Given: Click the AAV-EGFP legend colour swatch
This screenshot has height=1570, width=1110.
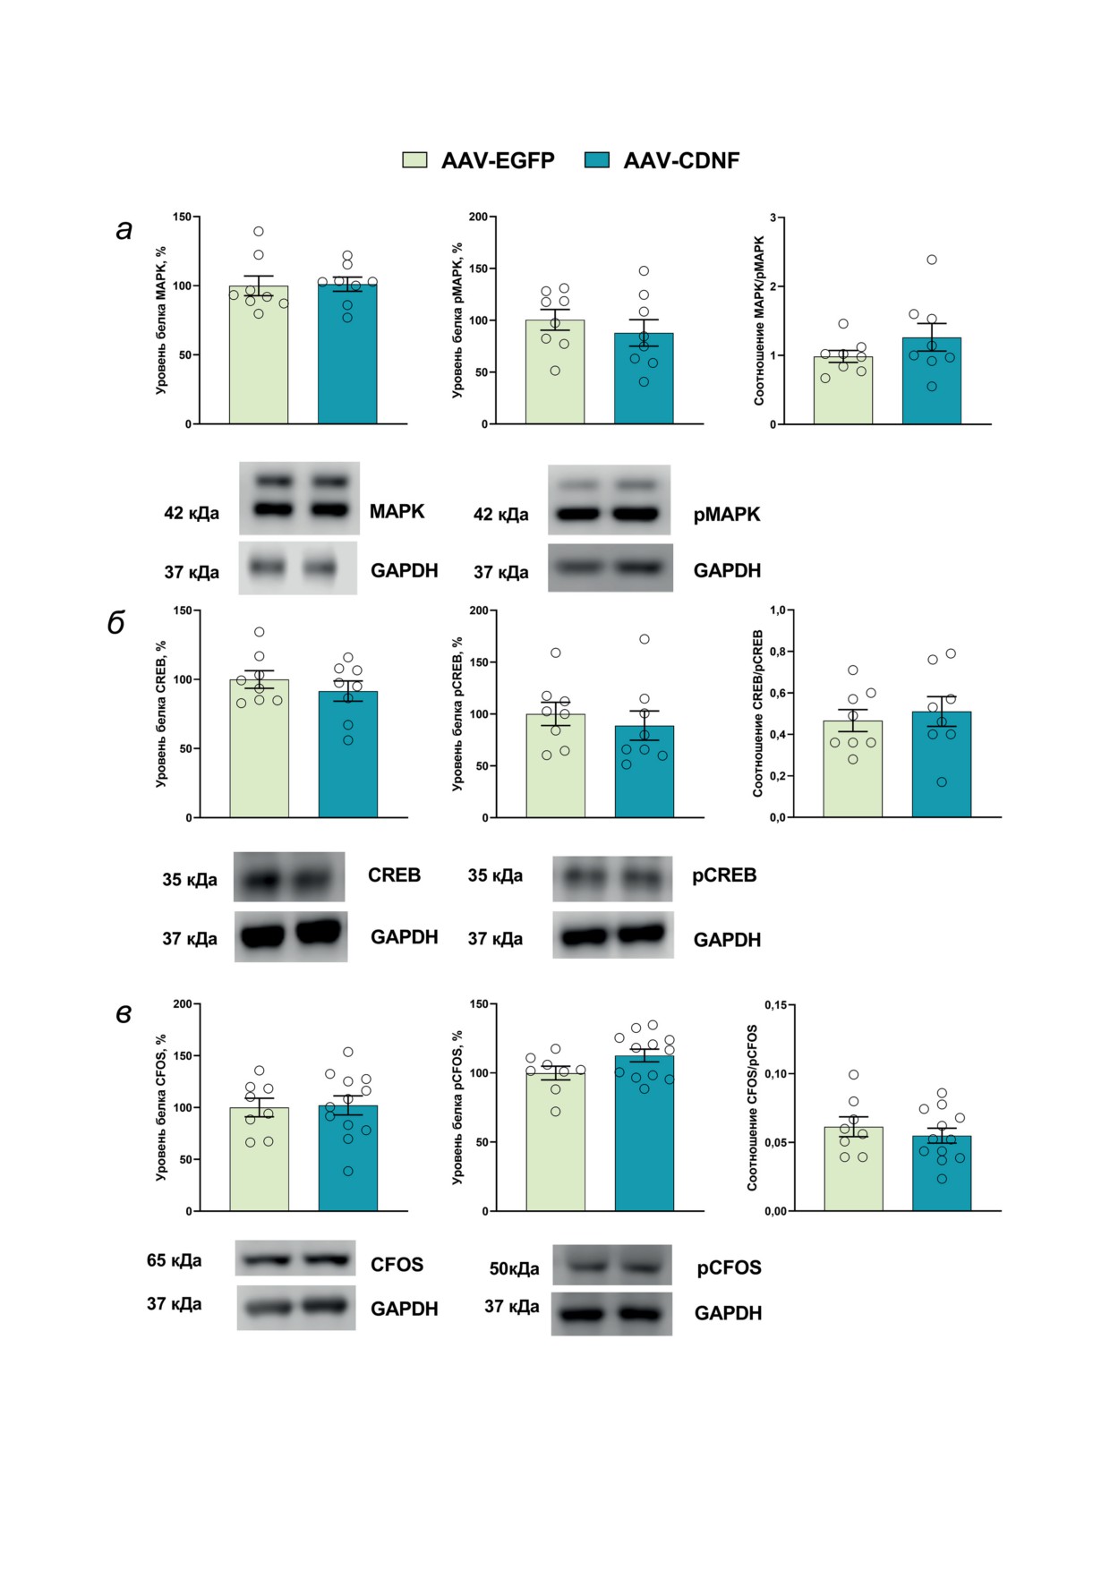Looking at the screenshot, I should (x=414, y=160).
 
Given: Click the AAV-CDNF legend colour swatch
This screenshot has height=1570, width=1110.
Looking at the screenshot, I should (x=596, y=160).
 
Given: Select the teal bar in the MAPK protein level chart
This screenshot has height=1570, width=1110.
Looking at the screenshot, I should (x=347, y=358).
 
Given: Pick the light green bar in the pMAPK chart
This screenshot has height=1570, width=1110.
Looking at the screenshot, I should (x=555, y=376).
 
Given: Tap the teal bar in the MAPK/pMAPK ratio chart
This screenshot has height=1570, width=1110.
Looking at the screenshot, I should (x=931, y=385).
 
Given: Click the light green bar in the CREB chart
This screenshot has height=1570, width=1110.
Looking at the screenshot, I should (x=259, y=752).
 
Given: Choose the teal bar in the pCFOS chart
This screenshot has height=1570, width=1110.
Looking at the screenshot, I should (x=644, y=1137).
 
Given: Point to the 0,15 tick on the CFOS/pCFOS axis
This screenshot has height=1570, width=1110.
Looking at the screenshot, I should (x=775, y=1005).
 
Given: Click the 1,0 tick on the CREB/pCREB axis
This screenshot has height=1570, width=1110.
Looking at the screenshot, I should (x=777, y=610).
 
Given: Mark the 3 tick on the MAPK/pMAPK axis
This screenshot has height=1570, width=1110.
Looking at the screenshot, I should (x=773, y=218).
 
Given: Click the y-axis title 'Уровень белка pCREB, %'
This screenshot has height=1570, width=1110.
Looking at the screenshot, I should (x=457, y=713).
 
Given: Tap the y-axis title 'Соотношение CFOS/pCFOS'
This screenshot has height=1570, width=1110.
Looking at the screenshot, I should (x=753, y=1107).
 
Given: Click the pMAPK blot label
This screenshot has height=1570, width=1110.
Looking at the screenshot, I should (x=726, y=515).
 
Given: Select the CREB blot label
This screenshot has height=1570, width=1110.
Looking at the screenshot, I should (x=394, y=875).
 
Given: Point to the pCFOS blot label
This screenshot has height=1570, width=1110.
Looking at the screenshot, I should (x=729, y=1268).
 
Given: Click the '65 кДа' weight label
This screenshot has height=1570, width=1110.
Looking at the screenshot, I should (x=174, y=1260).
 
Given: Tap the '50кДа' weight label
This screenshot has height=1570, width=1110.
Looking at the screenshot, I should (x=514, y=1269).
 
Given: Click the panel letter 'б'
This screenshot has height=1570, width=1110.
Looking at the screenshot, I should (x=116, y=623).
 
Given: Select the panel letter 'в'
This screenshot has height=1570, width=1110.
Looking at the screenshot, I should (x=124, y=1014).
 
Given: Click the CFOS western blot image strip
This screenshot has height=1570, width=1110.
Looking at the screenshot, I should (x=295, y=1259).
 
